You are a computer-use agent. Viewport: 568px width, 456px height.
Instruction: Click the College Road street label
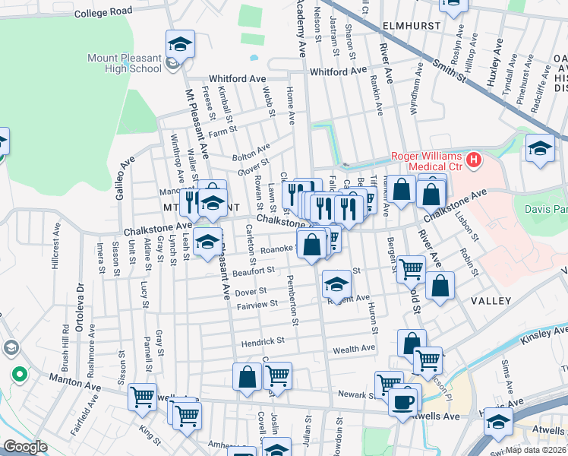click(x=103, y=13)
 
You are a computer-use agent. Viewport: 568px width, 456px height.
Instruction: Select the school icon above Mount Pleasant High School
click(x=180, y=44)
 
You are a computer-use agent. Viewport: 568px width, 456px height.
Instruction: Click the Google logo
click(x=25, y=447)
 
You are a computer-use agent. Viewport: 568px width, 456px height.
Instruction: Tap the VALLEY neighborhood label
click(x=491, y=301)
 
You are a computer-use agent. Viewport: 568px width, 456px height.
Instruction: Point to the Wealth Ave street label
click(x=354, y=348)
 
